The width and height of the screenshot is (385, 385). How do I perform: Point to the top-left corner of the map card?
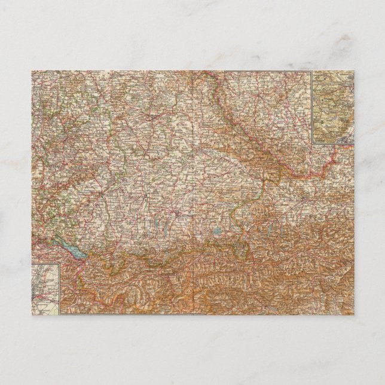coord(32,71)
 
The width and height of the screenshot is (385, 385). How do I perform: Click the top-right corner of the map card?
coord(354,71)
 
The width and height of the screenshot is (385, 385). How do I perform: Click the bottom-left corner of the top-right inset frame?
coord(311,142)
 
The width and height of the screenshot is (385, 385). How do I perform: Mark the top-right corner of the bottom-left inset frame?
coord(60,264)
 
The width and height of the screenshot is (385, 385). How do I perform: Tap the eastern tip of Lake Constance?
coord(88,258)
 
